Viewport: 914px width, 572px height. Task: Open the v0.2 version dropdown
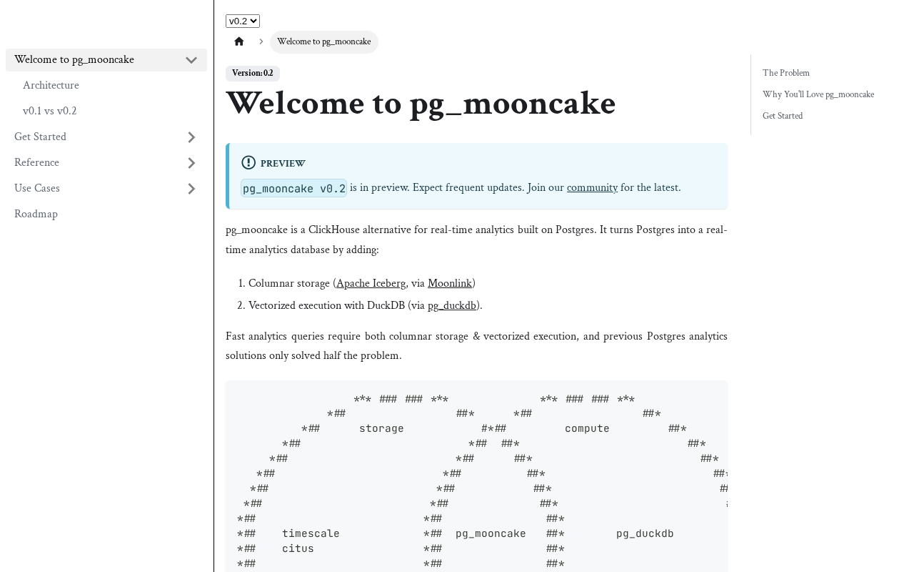click(x=243, y=21)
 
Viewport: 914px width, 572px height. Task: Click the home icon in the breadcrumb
click(x=239, y=41)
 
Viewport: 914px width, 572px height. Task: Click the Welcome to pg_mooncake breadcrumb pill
click(x=323, y=41)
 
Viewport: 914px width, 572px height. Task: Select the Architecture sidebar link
click(x=51, y=86)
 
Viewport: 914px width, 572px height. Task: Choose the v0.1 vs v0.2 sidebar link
click(x=49, y=112)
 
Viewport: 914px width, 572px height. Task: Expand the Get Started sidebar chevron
click(x=191, y=137)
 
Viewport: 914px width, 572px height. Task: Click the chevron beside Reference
click(x=191, y=163)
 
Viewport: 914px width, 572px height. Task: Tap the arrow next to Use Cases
click(x=191, y=189)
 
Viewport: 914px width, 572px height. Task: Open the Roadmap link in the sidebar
click(x=36, y=214)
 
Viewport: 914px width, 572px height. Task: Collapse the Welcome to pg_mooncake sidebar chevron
click(x=191, y=60)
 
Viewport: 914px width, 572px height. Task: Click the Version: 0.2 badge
click(x=253, y=74)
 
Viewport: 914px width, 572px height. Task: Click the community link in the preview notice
click(x=592, y=188)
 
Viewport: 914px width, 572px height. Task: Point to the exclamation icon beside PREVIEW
click(x=248, y=163)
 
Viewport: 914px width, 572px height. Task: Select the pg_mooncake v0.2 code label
click(x=294, y=188)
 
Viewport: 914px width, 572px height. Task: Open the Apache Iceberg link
click(x=371, y=284)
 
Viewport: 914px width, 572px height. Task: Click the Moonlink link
click(x=449, y=284)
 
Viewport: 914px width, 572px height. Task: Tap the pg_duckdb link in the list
click(x=452, y=306)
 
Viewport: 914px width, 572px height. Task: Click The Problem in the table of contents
click(x=785, y=73)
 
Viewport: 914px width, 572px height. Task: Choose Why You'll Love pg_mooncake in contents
click(x=818, y=94)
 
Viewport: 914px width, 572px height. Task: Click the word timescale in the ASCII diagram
click(x=311, y=533)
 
